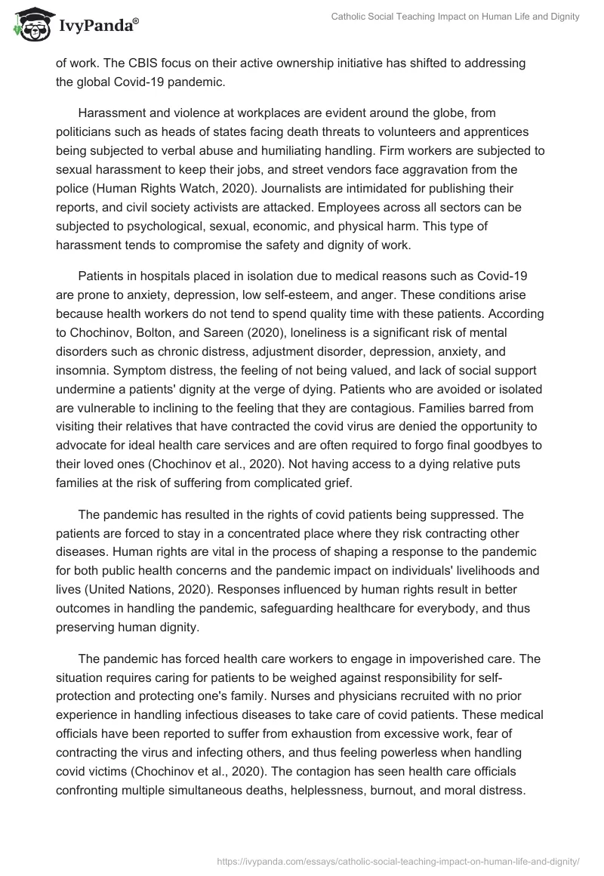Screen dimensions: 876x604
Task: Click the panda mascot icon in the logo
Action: click(29, 26)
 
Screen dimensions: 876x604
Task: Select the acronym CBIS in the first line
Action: click(143, 63)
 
